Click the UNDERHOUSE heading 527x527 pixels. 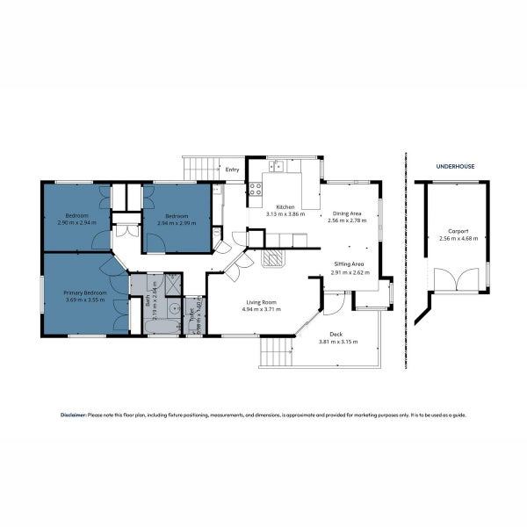coord(455,166)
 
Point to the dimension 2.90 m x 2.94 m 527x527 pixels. coord(76,222)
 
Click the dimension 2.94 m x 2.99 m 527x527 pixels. coord(177,222)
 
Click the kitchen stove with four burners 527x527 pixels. coord(256,189)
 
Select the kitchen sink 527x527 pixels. coord(277,164)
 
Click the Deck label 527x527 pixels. coord(336,334)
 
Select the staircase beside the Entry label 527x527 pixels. coord(201,169)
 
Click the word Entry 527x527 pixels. coord(233,170)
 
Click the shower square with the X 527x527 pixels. coord(173,283)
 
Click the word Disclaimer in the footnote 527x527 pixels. coord(73,415)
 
